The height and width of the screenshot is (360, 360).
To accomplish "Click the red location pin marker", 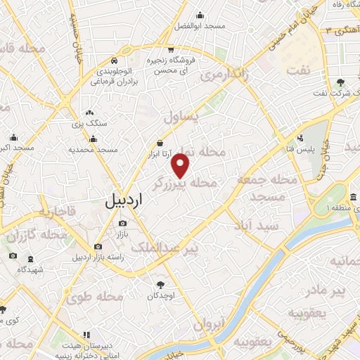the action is click(x=181, y=167).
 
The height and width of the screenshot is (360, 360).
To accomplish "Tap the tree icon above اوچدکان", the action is click(x=160, y=284).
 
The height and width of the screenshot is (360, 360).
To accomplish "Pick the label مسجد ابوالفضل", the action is click(x=200, y=26).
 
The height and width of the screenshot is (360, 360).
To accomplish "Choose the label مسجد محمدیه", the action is click(x=97, y=150).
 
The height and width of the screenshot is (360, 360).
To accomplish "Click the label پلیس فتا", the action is click(x=302, y=149).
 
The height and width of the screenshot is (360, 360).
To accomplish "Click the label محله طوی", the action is click(x=96, y=297).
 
